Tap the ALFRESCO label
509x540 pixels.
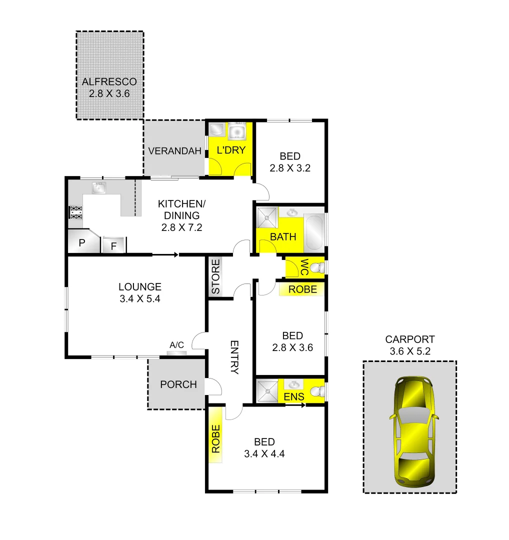coord(109,81)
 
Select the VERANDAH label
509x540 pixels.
coord(174,151)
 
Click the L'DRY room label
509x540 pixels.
coord(230,149)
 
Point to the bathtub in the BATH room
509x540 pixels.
coord(314,232)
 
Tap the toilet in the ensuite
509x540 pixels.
coord(317,390)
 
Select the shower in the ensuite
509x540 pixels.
coord(267,390)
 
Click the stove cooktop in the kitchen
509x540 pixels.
coord(75,212)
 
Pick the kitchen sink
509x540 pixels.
coord(99,188)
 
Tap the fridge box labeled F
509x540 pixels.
coord(113,245)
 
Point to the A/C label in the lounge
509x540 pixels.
coord(177,345)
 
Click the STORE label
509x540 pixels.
coord(215,276)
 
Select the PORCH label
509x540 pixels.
coord(178,384)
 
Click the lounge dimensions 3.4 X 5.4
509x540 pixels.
coord(140,299)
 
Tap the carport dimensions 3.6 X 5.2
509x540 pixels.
coord(410,351)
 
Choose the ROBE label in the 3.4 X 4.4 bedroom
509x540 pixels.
coord(215,438)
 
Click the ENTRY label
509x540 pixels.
coord(234,357)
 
